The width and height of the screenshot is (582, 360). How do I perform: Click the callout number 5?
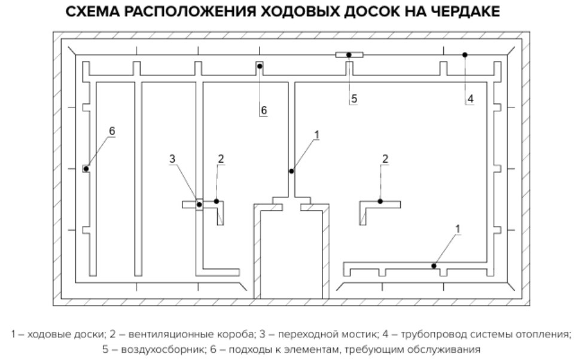tap(354, 99)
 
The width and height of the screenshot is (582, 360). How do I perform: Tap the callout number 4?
tap(471, 99)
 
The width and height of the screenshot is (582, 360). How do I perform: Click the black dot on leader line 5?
tap(349, 55)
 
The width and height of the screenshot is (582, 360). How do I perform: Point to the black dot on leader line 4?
tap(465, 54)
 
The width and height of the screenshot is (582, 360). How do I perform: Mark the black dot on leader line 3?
tap(199, 205)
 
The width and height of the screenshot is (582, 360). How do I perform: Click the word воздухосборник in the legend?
tap(147, 349)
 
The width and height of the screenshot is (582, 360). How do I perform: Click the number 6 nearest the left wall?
tap(112, 131)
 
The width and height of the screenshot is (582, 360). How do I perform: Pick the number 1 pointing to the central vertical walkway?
tap(317, 135)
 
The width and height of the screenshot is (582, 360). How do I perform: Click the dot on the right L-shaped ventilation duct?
tap(380, 202)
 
